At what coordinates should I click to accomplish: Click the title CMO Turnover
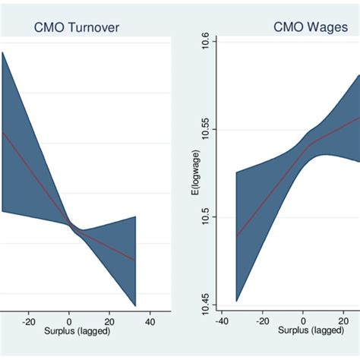click(x=76, y=28)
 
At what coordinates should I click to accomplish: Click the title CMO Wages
click(x=306, y=28)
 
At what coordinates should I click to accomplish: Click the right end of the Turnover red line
click(x=135, y=261)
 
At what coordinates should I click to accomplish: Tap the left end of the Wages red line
click(x=237, y=237)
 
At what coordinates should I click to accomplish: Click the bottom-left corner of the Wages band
click(x=237, y=301)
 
